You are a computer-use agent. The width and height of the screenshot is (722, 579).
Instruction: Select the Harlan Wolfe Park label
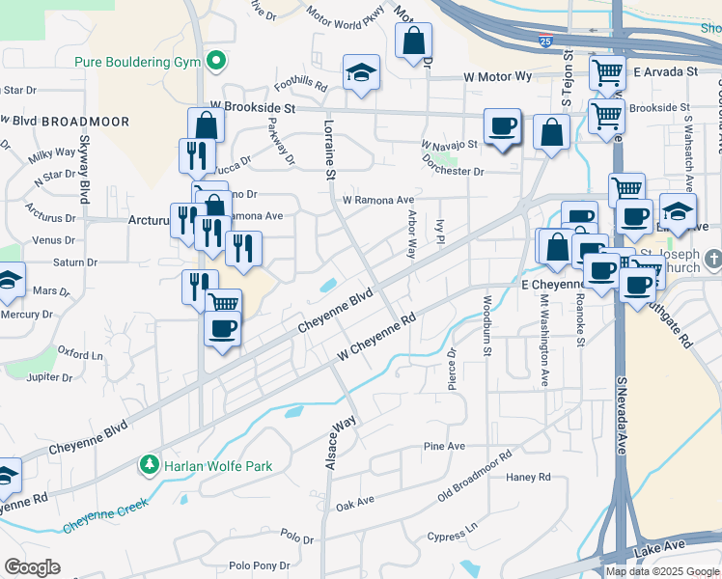tap(217, 466)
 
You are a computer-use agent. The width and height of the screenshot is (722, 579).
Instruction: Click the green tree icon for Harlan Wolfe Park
tap(150, 466)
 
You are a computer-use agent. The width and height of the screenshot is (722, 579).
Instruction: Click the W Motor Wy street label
tap(497, 75)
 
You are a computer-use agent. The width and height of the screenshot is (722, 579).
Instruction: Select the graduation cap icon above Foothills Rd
tap(361, 72)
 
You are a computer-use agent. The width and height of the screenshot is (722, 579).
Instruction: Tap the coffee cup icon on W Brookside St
tap(502, 126)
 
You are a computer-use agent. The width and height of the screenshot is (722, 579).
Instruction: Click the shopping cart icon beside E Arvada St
tap(607, 71)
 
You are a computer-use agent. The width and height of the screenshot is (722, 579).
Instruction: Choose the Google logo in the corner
tap(32, 567)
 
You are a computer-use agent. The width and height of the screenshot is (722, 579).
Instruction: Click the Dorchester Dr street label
tap(452, 171)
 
